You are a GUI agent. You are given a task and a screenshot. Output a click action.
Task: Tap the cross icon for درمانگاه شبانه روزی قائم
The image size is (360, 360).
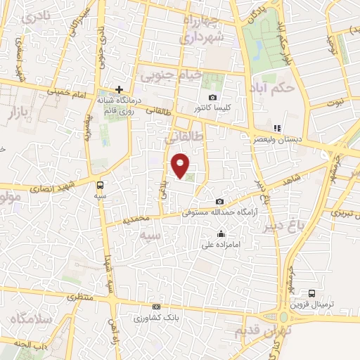[x=120, y=89]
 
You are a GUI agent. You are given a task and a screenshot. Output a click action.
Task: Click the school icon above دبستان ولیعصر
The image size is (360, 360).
[x=277, y=129]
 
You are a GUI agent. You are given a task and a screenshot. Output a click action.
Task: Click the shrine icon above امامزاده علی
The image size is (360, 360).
[x=221, y=234]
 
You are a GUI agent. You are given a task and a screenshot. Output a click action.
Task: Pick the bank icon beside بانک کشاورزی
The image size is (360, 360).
[x=156, y=307]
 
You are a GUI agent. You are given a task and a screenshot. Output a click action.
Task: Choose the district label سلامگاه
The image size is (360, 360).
[x=29, y=319]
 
